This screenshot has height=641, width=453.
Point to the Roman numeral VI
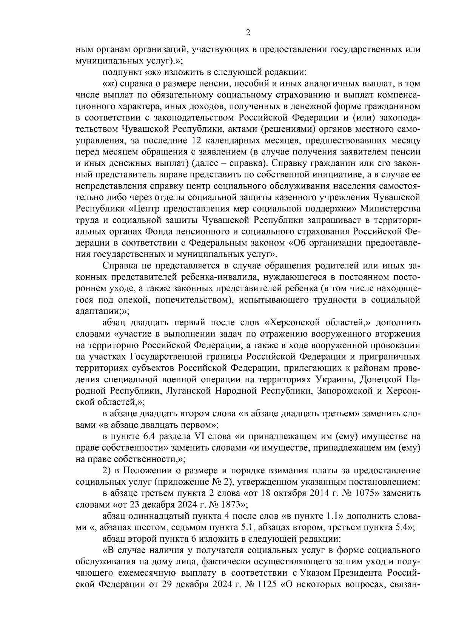point(199,437)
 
